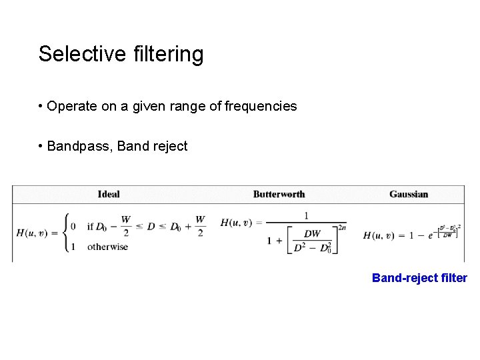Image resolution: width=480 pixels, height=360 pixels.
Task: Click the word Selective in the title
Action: click(x=76, y=54)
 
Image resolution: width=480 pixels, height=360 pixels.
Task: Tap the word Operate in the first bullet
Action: click(x=69, y=106)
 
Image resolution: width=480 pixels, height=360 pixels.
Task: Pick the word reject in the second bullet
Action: click(x=170, y=146)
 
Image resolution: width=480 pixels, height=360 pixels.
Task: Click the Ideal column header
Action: click(x=109, y=194)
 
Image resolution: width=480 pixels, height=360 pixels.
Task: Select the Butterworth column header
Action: click(x=279, y=194)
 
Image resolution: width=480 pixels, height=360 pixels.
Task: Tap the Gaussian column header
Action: click(x=409, y=194)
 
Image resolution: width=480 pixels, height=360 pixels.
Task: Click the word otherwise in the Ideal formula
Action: click(x=107, y=247)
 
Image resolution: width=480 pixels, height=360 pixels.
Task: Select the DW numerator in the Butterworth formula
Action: click(x=312, y=233)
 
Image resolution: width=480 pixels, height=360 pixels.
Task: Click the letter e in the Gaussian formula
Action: click(x=430, y=235)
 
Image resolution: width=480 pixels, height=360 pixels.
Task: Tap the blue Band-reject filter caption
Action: click(x=419, y=278)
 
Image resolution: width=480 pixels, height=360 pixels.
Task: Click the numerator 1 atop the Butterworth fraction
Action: click(x=306, y=215)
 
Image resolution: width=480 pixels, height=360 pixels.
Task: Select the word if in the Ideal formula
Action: click(x=90, y=226)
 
